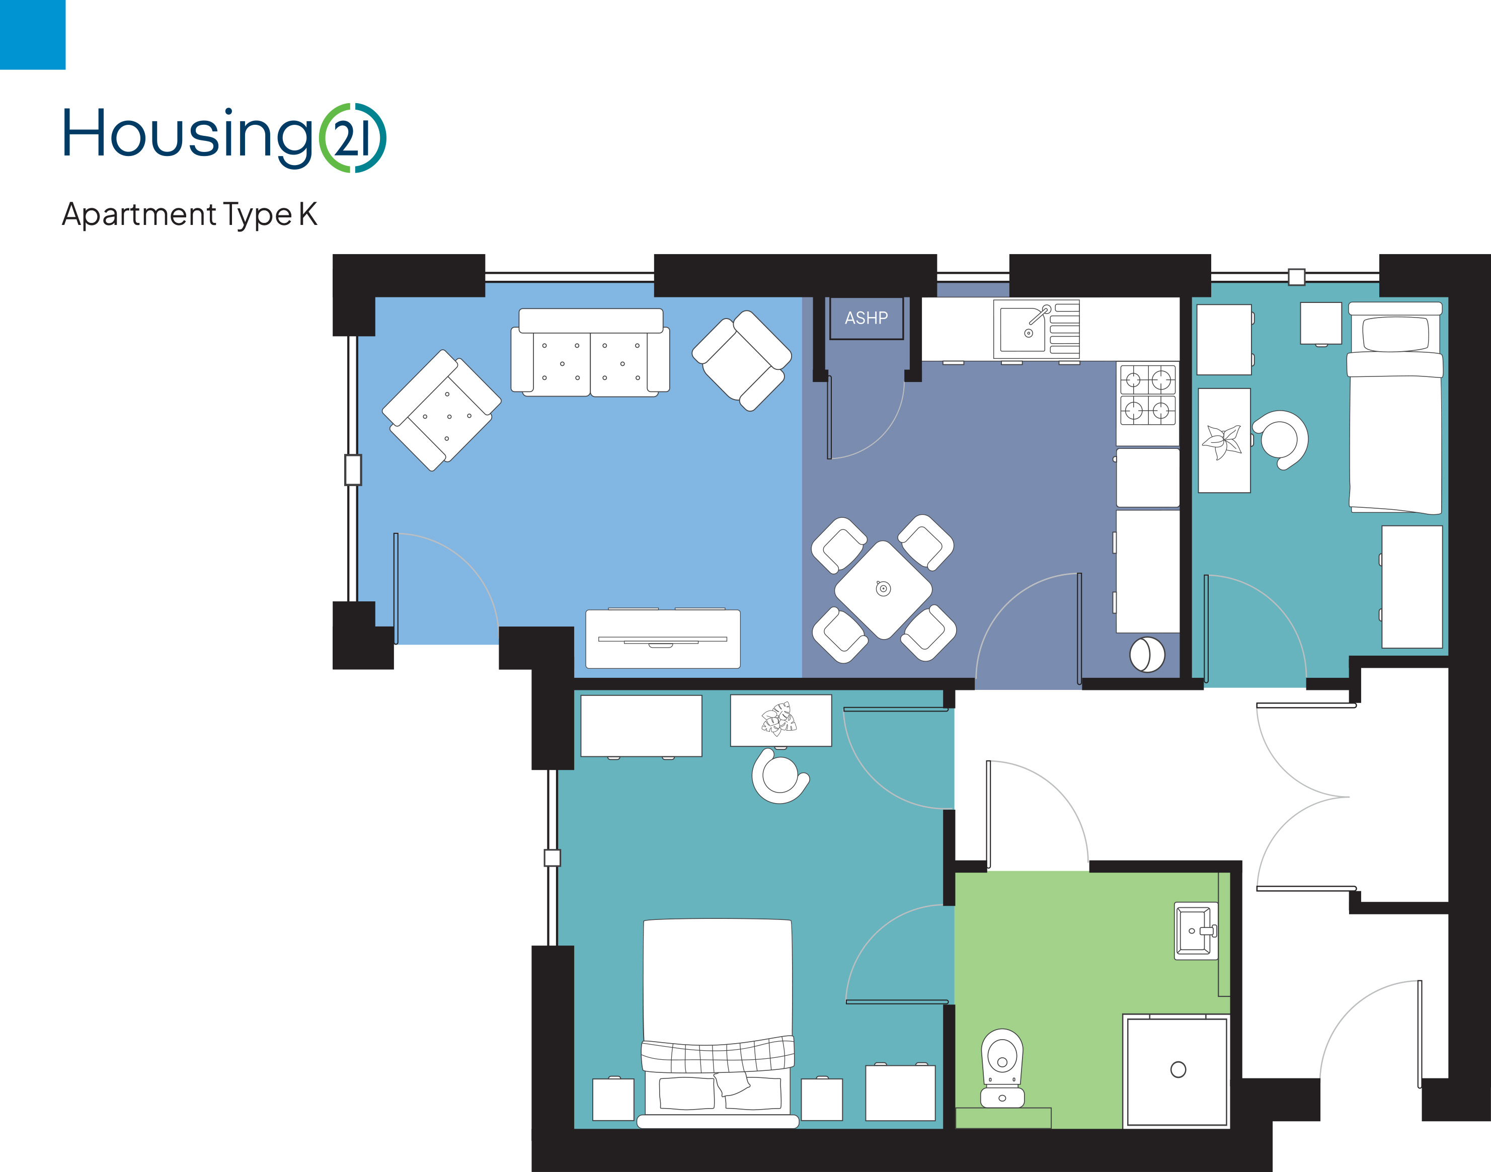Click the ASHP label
pyautogui.click(x=866, y=318)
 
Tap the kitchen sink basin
pyautogui.click(x=1023, y=330)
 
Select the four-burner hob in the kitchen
pyautogui.click(x=1147, y=395)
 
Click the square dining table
pyautogui.click(x=883, y=589)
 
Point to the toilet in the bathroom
pyautogui.click(x=1002, y=1068)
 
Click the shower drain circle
pyautogui.click(x=1178, y=1069)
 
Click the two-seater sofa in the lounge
pyautogui.click(x=590, y=353)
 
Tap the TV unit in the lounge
pyautogui.click(x=663, y=638)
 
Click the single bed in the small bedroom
pyautogui.click(x=1395, y=408)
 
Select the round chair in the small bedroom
pyautogui.click(x=1280, y=440)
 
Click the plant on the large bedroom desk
pyautogui.click(x=779, y=719)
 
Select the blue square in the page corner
pyautogui.click(x=32, y=34)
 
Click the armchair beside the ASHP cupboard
pyautogui.click(x=742, y=360)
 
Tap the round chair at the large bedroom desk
pyautogui.click(x=780, y=776)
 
